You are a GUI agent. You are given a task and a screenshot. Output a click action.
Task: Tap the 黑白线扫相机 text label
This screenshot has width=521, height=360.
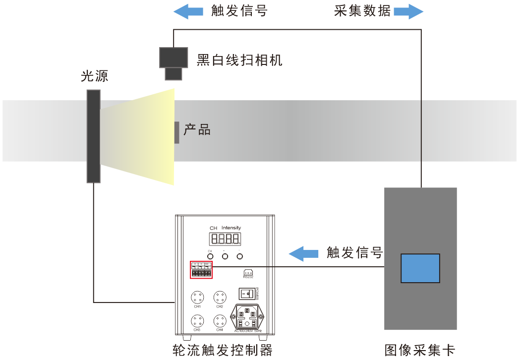click(239, 60)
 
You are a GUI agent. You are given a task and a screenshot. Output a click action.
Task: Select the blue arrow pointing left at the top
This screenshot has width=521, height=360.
click(188, 12)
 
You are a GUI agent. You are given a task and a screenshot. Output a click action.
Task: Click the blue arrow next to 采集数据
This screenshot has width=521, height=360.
click(408, 12)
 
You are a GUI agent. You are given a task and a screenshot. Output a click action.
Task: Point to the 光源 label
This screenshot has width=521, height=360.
click(94, 76)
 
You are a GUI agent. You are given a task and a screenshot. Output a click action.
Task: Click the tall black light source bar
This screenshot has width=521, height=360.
click(93, 136)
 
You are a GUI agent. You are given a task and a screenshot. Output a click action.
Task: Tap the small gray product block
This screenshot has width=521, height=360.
click(176, 132)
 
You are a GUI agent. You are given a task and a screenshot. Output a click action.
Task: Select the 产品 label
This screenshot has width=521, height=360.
click(197, 130)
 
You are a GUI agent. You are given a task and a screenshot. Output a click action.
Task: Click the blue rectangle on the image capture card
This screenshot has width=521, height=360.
click(420, 268)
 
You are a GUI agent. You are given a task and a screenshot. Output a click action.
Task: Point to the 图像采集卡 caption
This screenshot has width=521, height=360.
click(419, 350)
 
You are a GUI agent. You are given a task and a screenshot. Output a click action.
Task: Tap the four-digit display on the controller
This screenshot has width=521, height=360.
click(225, 239)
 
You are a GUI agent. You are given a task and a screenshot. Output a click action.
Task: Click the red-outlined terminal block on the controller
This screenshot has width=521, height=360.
click(201, 271)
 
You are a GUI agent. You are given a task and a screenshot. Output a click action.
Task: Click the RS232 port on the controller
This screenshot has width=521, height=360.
click(248, 273)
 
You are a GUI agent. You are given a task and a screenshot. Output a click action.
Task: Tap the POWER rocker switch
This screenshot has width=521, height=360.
click(247, 294)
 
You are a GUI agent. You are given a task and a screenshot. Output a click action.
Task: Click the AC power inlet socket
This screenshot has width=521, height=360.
click(248, 315)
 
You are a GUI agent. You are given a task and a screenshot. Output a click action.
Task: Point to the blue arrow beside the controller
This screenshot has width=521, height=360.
click(303, 254)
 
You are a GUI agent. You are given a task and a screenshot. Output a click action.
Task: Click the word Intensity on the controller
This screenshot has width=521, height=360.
click(231, 228)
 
